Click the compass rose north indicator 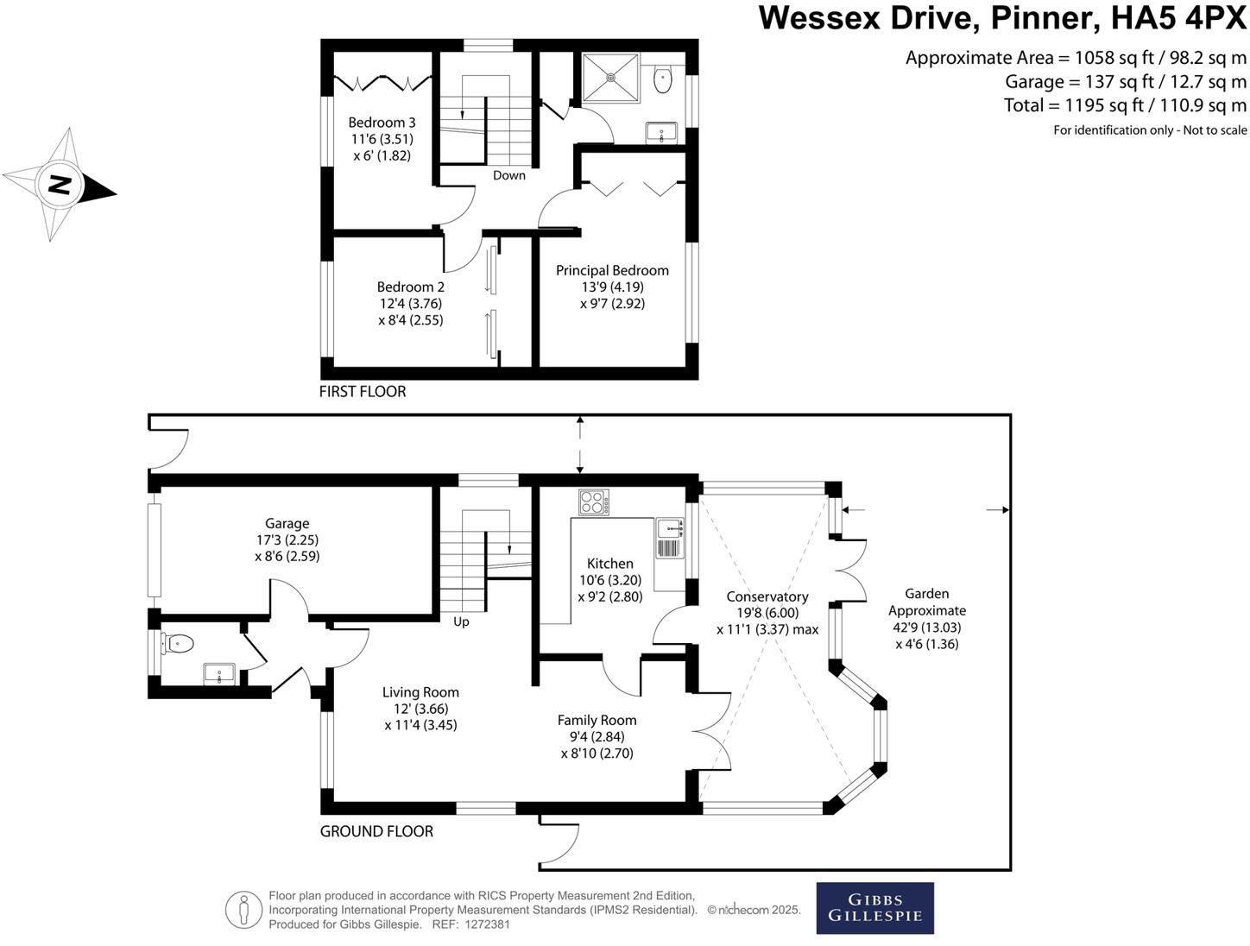click(x=60, y=185)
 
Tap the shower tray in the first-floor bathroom click(x=610, y=78)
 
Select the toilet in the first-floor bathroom click(x=662, y=79)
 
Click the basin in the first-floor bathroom click(x=661, y=133)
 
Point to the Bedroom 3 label click(x=382, y=139)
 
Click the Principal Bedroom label click(x=612, y=287)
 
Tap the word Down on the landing click(x=508, y=175)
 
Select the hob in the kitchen click(x=594, y=502)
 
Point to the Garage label click(x=287, y=539)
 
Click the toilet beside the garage click(x=178, y=645)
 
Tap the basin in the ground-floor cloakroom click(x=219, y=674)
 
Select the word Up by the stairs click(x=461, y=621)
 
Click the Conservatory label click(x=767, y=613)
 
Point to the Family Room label click(x=597, y=736)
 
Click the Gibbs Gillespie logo click(x=874, y=907)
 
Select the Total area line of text click(x=1125, y=105)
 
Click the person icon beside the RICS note click(x=243, y=910)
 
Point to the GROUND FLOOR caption click(x=376, y=831)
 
